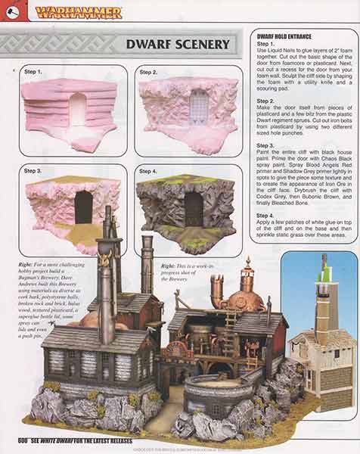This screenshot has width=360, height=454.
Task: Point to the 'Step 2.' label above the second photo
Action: tap(149, 72)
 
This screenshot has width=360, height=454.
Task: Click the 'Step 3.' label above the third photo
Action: tap(33, 171)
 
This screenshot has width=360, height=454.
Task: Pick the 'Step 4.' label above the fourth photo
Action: tap(149, 171)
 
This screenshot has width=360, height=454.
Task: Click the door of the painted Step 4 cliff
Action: tap(194, 208)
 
